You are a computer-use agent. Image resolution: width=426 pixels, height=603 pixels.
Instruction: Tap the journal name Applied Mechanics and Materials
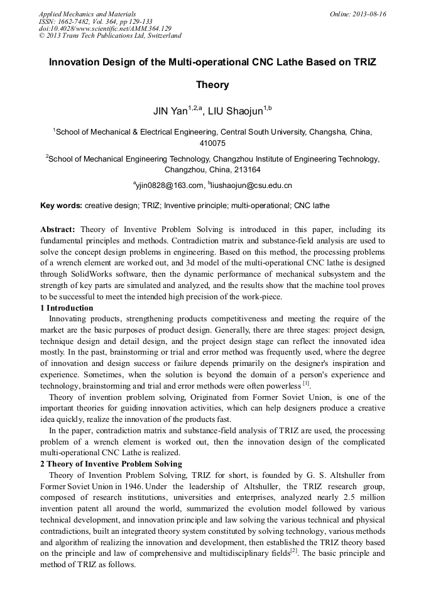point(87,14)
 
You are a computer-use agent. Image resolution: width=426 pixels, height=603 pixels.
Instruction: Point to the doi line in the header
point(105,28)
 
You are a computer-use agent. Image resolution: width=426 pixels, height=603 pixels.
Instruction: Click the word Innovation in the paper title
point(72,63)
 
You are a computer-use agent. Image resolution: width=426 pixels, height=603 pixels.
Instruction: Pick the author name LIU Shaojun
point(235,111)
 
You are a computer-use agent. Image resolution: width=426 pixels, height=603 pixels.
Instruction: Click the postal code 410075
point(212,143)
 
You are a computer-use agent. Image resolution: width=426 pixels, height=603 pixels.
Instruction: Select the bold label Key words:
point(61,206)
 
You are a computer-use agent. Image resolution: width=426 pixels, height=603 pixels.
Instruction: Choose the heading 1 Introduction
point(67,308)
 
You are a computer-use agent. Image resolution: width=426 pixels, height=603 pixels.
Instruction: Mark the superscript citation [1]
point(306,383)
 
